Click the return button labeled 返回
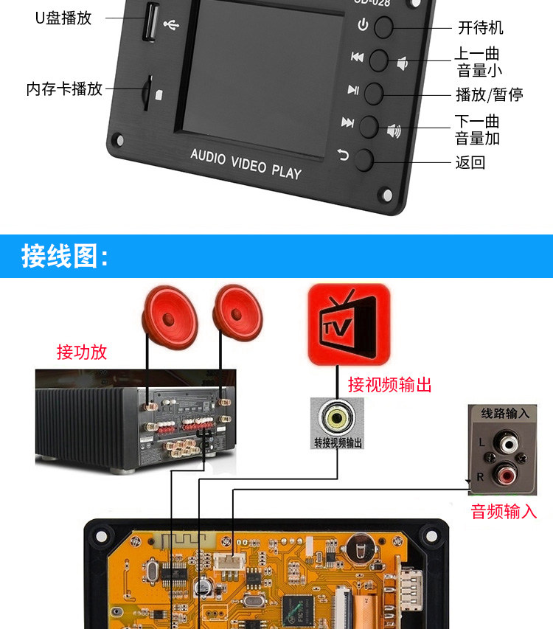pyautogui.click(x=365, y=159)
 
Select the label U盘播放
pyautogui.click(x=63, y=18)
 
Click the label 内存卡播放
pyautogui.click(x=64, y=89)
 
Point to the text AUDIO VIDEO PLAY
pyautogui.click(x=246, y=163)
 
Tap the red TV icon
pyautogui.click(x=348, y=325)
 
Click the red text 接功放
pyautogui.click(x=82, y=352)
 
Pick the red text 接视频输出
pyautogui.click(x=389, y=383)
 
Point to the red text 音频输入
pyautogui.click(x=504, y=511)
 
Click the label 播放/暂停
pyautogui.click(x=490, y=94)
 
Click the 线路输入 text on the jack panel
pyautogui.click(x=505, y=413)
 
